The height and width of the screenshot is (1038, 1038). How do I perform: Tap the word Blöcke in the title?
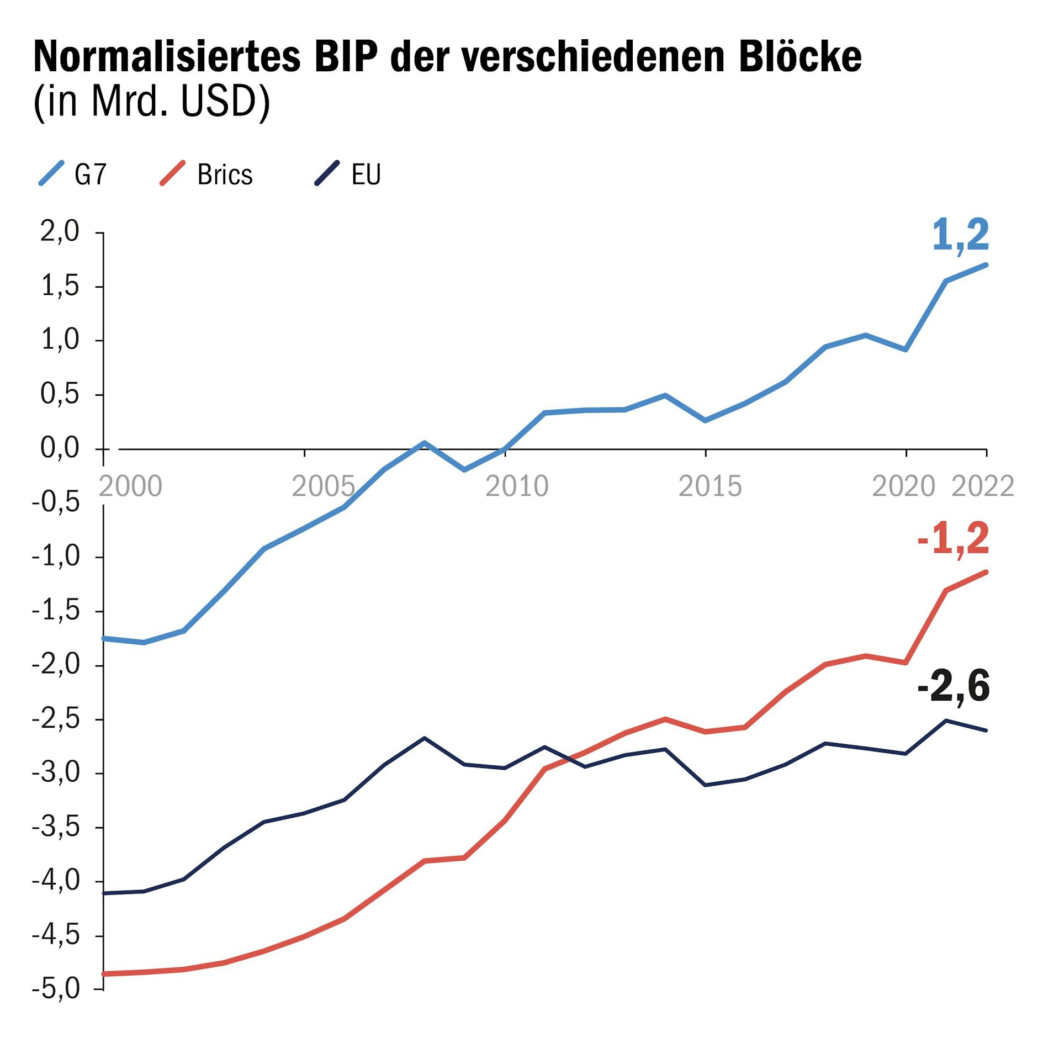click(800, 57)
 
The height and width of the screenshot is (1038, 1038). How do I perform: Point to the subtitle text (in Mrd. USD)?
click(152, 102)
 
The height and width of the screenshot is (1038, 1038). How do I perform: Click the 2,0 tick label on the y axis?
click(60, 231)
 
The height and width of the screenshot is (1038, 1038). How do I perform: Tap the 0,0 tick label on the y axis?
click(60, 448)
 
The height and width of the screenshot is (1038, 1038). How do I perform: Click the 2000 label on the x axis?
click(130, 486)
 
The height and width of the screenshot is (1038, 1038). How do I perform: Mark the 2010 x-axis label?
click(517, 486)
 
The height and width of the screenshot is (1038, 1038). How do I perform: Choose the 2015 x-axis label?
click(710, 486)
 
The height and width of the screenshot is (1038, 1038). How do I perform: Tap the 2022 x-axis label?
click(983, 486)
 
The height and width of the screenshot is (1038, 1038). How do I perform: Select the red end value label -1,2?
click(954, 539)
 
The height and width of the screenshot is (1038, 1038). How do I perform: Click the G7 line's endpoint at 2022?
click(986, 264)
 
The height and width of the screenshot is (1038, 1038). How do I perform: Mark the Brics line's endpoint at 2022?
click(986, 572)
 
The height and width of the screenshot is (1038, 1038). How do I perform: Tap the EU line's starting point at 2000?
click(104, 893)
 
